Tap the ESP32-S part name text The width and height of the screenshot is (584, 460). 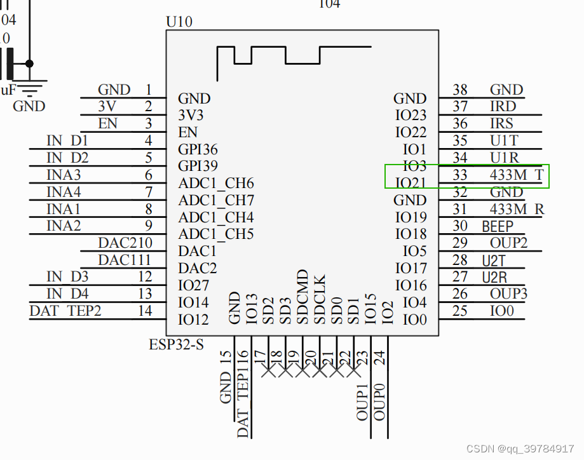click(176, 345)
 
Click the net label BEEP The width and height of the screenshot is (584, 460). click(497, 226)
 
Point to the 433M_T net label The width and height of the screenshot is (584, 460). click(517, 175)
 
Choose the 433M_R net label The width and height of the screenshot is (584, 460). click(517, 209)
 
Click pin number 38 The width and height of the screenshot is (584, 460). click(460, 90)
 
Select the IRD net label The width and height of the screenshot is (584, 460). click(502, 107)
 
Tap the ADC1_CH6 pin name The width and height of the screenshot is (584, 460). click(215, 184)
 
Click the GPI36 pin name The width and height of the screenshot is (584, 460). click(198, 150)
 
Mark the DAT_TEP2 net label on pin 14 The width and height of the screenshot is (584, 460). click(65, 311)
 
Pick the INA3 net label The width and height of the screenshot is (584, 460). click(64, 175)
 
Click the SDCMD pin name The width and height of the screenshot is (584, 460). click(302, 297)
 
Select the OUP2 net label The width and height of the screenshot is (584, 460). click(508, 243)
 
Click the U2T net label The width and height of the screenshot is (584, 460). click(494, 260)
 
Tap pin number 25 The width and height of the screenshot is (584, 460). click(460, 311)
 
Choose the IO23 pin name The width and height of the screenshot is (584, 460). click(411, 116)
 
